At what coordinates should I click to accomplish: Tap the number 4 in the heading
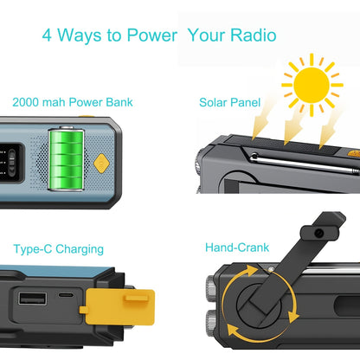click(x=48, y=36)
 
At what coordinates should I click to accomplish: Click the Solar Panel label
click(x=229, y=101)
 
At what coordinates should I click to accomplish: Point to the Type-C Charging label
click(x=59, y=249)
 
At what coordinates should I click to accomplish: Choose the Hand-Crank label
click(x=235, y=247)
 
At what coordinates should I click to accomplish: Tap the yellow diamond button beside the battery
click(x=101, y=163)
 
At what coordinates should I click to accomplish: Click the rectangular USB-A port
click(x=39, y=299)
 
